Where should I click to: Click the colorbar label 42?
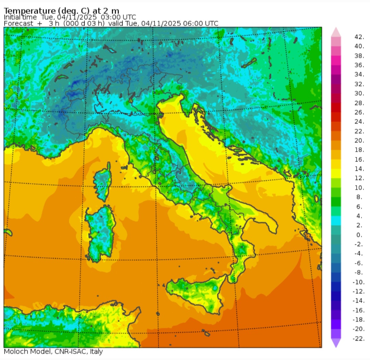click(359, 37)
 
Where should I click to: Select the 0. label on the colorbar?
click(359, 235)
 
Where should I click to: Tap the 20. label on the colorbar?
click(359, 140)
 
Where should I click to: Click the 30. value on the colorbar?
click(359, 94)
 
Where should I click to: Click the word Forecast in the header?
click(18, 23)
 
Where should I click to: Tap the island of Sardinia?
click(100, 233)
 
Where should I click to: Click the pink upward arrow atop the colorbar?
click(336, 32)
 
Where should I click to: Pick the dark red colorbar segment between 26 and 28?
click(336, 108)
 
